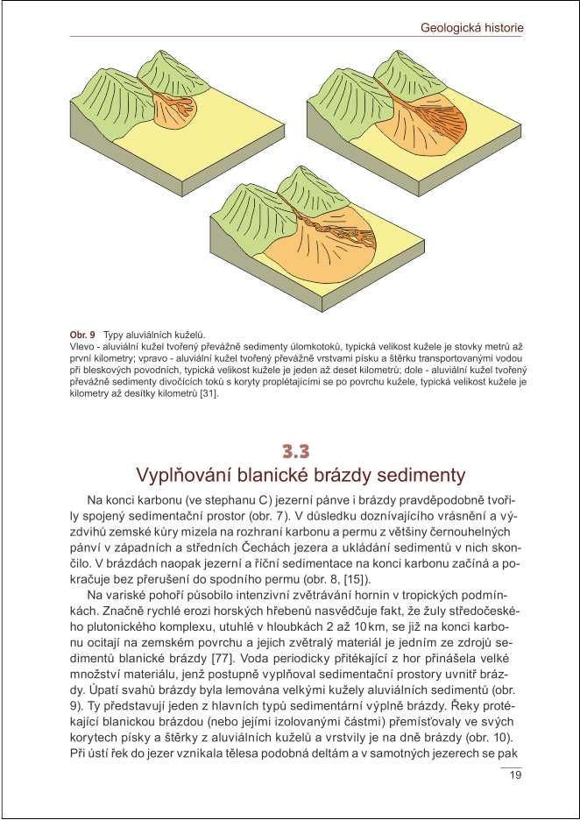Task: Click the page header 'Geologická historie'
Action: pyautogui.click(x=473, y=28)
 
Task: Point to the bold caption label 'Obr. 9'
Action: pyautogui.click(x=82, y=335)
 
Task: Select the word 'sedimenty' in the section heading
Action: pyautogui.click(x=415, y=476)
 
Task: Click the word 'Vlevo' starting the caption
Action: pyautogui.click(x=82, y=347)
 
